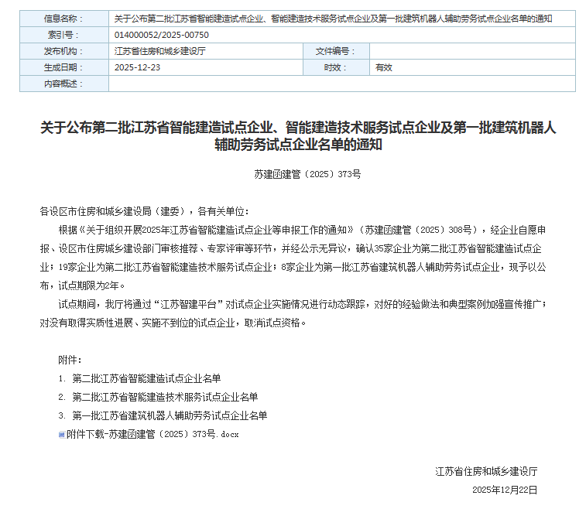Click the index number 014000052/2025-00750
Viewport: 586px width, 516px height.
point(161,35)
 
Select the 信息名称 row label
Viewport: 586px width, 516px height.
point(62,18)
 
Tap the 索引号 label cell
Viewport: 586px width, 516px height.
point(62,35)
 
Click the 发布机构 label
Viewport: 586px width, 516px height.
point(62,51)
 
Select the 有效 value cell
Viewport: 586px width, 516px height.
point(384,67)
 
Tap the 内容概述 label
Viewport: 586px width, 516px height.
point(62,84)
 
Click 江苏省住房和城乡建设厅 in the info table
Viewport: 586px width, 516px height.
point(159,51)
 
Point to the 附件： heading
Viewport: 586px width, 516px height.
point(70,360)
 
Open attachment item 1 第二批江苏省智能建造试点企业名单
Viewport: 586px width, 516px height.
point(146,378)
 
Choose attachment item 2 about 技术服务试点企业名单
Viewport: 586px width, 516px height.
point(165,397)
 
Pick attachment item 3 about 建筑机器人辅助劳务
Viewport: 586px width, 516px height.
point(170,415)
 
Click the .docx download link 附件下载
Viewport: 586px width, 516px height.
point(152,434)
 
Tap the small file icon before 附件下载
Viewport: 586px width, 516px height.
point(62,435)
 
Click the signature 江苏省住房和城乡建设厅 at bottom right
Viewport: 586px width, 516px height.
point(486,471)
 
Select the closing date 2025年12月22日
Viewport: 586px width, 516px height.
point(505,490)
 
